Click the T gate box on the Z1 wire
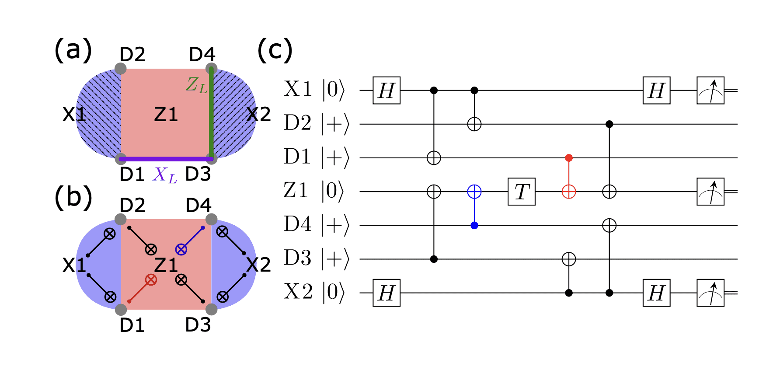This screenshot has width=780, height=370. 521,192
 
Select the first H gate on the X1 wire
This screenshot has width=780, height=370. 386,91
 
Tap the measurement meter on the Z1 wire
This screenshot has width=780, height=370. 710,192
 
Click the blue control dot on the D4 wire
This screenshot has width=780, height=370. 474,226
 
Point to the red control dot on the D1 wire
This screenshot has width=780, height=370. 568,158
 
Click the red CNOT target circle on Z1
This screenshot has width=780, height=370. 568,192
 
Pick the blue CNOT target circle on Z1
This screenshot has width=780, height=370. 474,192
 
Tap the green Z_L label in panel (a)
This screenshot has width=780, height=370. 196,84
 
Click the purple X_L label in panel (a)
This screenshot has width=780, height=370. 165,175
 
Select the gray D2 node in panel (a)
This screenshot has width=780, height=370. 121,69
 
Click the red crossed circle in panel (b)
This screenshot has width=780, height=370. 151,280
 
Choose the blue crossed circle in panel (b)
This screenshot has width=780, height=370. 181,250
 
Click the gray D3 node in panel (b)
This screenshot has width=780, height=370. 211,309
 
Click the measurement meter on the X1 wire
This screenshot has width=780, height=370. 710,91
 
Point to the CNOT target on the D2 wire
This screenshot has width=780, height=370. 474,124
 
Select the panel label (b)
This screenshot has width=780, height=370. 73,197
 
